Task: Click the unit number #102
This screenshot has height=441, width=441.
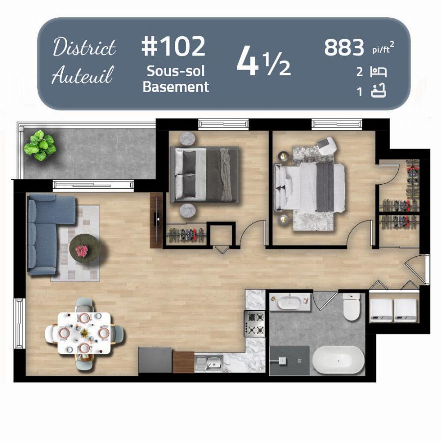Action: (x=173, y=47)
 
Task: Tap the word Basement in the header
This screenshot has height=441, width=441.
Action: (x=176, y=87)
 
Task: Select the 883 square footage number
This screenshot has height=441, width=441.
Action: (x=344, y=48)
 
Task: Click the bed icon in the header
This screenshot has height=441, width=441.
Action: (x=378, y=72)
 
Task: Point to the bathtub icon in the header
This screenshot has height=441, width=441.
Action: (x=378, y=91)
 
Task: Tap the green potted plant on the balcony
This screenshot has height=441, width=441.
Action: (x=40, y=146)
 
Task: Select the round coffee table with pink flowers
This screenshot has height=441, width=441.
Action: (x=84, y=248)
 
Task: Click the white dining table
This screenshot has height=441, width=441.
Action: (x=84, y=333)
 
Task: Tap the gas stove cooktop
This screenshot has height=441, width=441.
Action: (x=254, y=323)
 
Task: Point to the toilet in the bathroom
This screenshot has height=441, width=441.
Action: (x=351, y=307)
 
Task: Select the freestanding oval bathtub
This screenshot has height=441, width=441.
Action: (x=338, y=360)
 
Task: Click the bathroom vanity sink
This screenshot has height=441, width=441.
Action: (x=290, y=302)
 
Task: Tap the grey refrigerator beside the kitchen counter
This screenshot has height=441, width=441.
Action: (x=155, y=360)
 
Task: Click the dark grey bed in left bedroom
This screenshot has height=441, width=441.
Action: (x=204, y=174)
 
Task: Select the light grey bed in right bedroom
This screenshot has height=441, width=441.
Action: (x=309, y=187)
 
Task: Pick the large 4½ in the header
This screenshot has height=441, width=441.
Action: (x=264, y=62)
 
